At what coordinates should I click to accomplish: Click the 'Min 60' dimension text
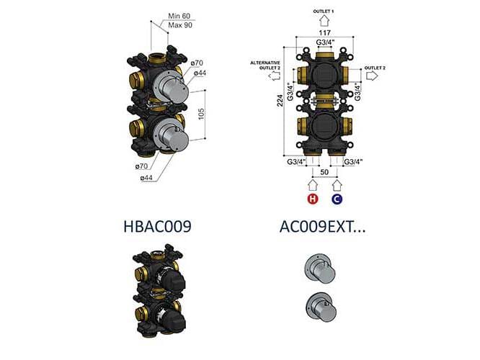point(179,16)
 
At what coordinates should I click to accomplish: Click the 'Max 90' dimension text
point(180,26)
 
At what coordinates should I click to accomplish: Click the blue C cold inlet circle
point(337,200)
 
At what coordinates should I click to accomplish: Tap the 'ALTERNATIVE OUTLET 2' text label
point(266,66)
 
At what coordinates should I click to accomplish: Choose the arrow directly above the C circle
point(337,186)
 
